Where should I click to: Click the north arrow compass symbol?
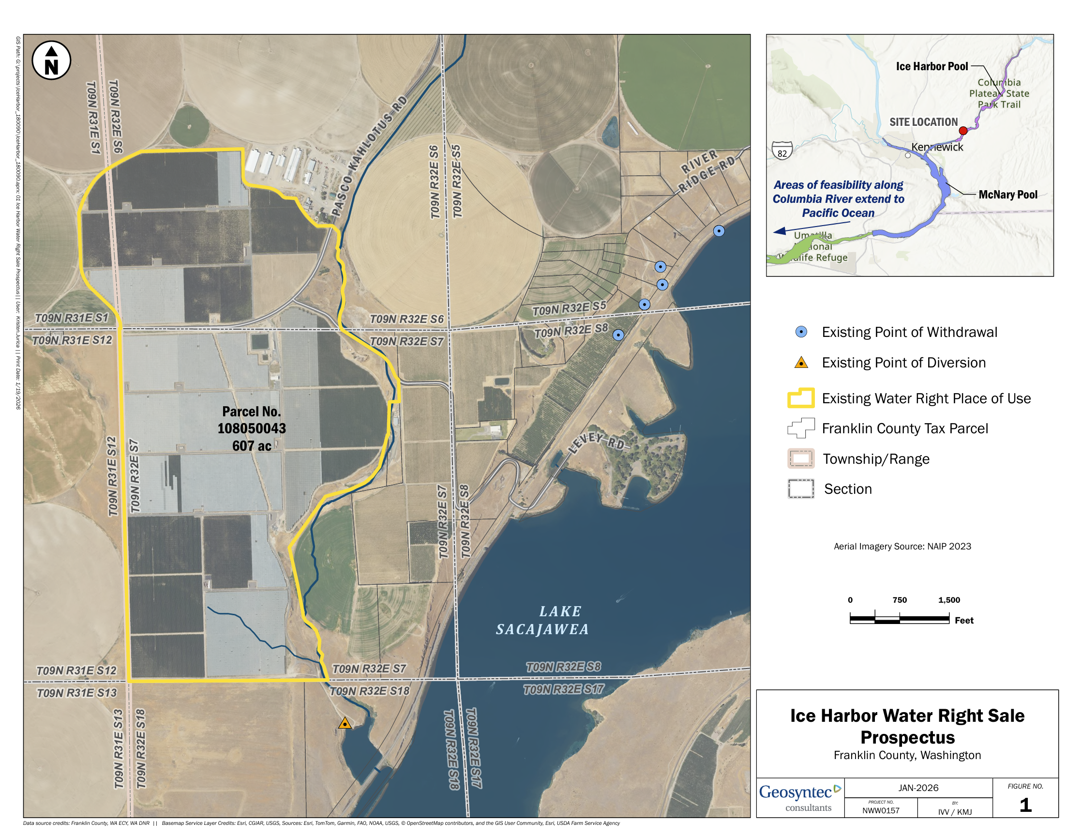[51, 61]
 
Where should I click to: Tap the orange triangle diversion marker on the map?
[345, 724]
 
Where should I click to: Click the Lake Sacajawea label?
[543, 621]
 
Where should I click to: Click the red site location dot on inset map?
[963, 131]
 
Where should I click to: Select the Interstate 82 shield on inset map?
[782, 151]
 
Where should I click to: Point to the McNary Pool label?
[1007, 195]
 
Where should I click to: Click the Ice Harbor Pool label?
[932, 66]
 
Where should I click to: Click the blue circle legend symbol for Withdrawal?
[801, 332]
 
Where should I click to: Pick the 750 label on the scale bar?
[900, 600]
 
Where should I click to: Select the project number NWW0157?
[881, 811]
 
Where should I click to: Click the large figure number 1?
[1025, 805]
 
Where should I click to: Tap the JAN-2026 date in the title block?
[918, 788]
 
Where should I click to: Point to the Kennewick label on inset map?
[937, 147]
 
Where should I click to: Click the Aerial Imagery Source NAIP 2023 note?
[902, 547]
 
